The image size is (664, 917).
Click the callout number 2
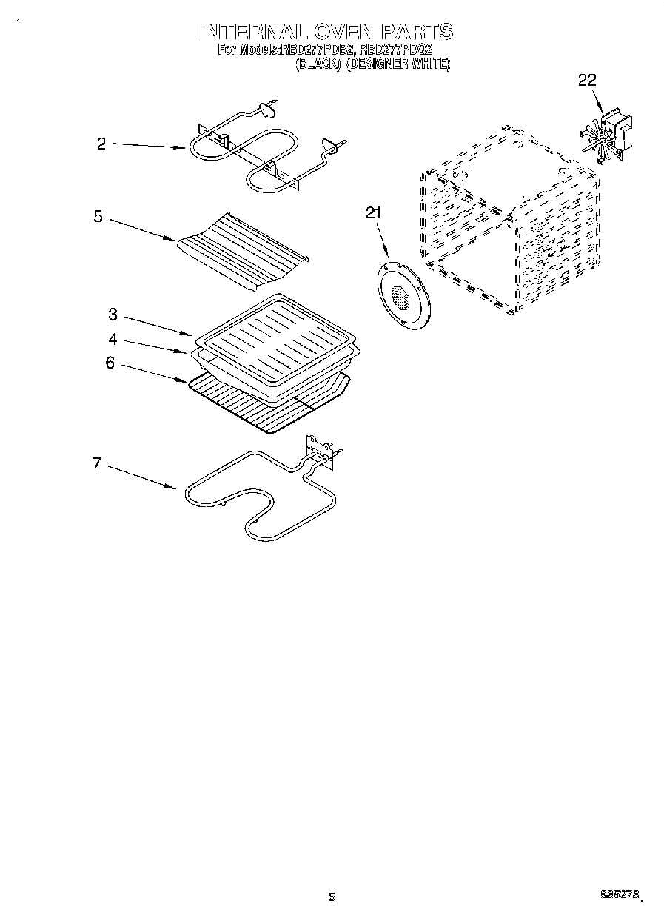click(101, 144)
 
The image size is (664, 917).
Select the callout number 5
click(98, 217)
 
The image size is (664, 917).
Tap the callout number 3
click(112, 315)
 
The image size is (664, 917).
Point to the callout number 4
click(112, 339)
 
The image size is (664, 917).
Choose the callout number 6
click(110, 363)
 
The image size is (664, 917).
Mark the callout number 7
click(96, 463)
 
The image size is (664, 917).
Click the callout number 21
click(373, 213)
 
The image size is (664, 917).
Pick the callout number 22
click(587, 81)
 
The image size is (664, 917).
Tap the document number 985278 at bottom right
click(619, 895)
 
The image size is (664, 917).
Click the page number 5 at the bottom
click(332, 897)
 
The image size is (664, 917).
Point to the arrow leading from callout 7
click(141, 477)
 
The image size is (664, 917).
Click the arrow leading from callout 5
click(141, 229)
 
